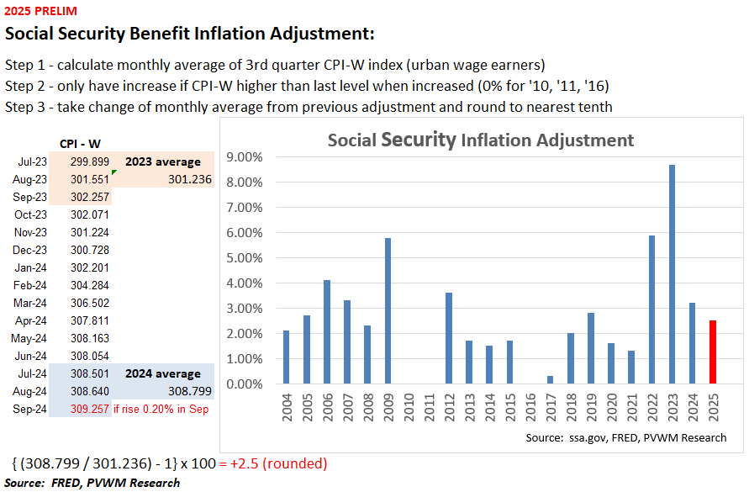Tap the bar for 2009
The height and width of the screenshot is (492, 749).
click(388, 311)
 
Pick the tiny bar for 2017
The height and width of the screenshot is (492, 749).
click(549, 380)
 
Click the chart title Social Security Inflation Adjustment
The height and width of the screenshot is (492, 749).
click(481, 140)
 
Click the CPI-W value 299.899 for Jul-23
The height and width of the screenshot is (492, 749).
click(87, 161)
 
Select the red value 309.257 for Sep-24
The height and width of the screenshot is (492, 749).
click(87, 409)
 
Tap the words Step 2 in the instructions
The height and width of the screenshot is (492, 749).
click(25, 86)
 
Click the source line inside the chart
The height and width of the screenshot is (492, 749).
click(625, 437)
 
